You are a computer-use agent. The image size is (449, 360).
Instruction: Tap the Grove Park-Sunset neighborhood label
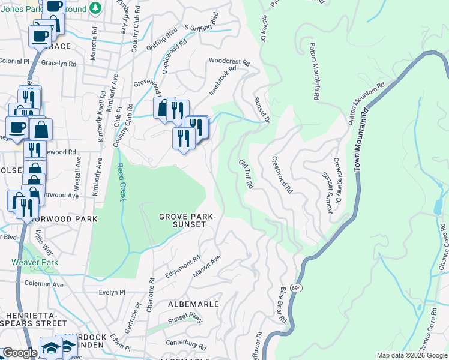pos(182,220)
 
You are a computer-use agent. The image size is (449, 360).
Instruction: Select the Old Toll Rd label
pos(246,175)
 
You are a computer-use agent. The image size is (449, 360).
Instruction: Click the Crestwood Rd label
pos(282,175)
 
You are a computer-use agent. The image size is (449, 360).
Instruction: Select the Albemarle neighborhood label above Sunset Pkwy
pos(193,304)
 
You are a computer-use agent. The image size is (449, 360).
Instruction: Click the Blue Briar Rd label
pos(282,306)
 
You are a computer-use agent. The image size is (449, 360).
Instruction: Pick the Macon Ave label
pos(207,266)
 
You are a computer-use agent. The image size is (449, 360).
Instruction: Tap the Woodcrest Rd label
pos(229,61)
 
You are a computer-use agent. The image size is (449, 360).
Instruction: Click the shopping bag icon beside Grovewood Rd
pos(163,109)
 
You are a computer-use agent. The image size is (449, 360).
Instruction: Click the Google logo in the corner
pos(20,353)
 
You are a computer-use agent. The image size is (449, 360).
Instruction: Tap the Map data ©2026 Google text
pos(412,355)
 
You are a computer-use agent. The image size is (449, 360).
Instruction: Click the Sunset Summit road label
pos(328,193)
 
